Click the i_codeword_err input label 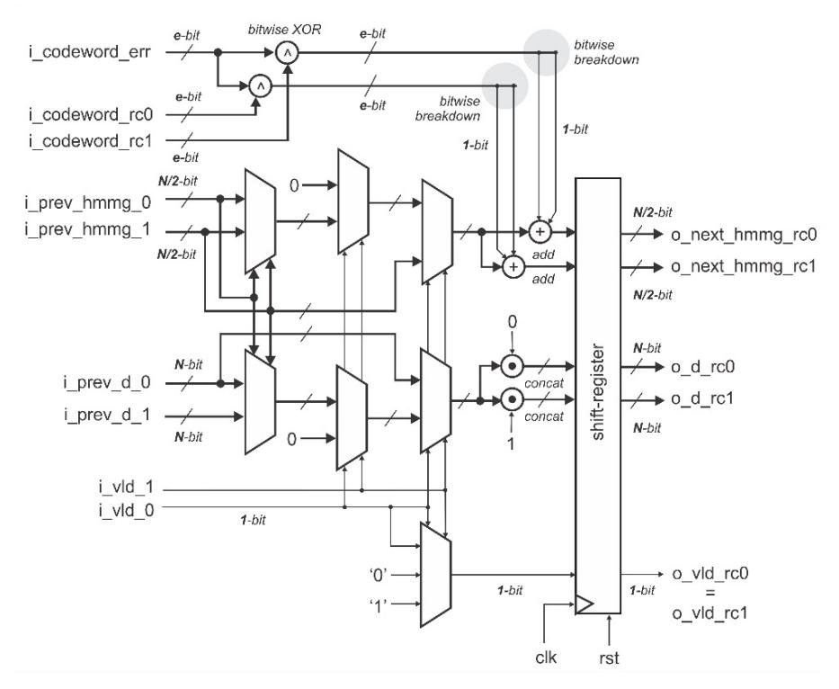pos(90,52)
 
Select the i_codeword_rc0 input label pos(91,114)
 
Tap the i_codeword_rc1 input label pos(91,141)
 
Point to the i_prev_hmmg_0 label pos(88,203)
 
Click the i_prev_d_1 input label pos(107,415)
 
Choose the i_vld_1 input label pos(126,488)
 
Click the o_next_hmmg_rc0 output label pos(744,235)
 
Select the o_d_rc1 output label pos(702,398)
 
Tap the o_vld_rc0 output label pos(710,573)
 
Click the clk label pos(546,657)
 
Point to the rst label pos(609,658)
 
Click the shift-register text pos(598,392)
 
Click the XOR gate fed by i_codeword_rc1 pos(288,52)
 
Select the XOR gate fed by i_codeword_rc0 pos(261,85)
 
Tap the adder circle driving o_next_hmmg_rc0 pos(540,232)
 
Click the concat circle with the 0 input pos(512,366)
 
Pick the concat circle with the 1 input pos(512,399)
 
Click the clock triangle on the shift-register pos(584,604)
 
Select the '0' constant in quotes pos(378,575)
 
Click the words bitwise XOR pos(284,29)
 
